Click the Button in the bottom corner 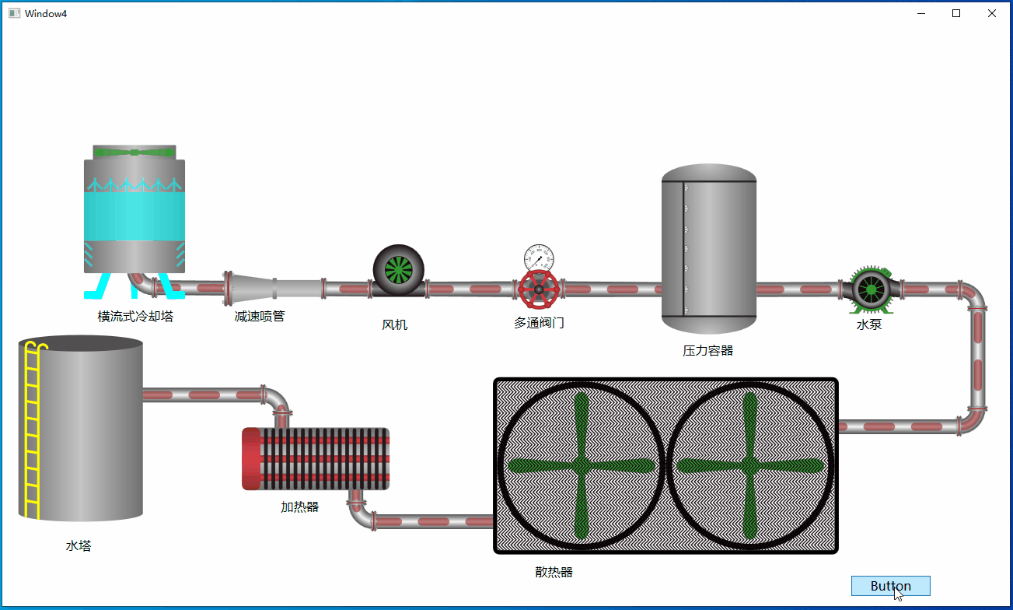pos(890,586)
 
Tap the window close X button pos(992,13)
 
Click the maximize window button pos(956,13)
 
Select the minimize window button pos(921,13)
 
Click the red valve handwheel pos(539,289)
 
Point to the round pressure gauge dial pos(539,258)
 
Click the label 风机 pos(395,324)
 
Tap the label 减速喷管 pos(260,316)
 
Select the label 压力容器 pos(707,350)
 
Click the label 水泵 pos(869,324)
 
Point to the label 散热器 pos(554,572)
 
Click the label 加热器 pos(299,507)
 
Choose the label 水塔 pos(79,546)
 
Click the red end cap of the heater pos(251,459)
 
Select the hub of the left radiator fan pos(582,465)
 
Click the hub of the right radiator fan pos(750,465)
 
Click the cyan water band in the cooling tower pos(134,216)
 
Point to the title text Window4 pos(46,13)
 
